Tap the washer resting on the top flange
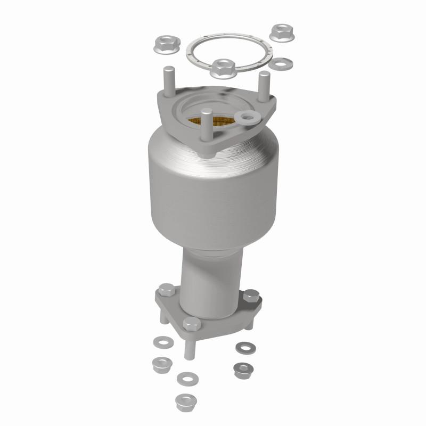click(x=247, y=117)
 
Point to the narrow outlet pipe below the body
click(x=210, y=277)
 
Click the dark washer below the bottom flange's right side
click(x=245, y=347)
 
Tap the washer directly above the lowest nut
click(x=186, y=378)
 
